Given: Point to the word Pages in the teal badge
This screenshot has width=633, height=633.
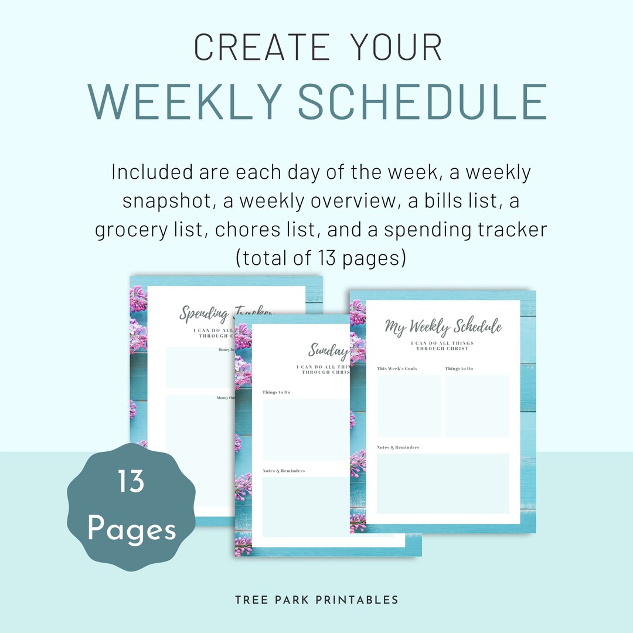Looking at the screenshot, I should pos(131,529).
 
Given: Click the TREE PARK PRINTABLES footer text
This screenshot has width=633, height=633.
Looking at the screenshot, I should pos(316,600).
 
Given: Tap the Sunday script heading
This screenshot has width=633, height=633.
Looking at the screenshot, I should pos(329,350).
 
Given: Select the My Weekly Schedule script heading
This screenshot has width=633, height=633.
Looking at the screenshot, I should pos(443,326).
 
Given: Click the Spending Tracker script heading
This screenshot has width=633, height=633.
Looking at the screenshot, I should pos(226,313).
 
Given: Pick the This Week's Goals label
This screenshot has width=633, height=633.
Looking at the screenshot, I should pos(397,369).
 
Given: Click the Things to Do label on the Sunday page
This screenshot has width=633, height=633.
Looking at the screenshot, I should pos(276,392).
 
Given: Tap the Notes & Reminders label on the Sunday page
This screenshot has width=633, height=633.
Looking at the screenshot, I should pos(284,471).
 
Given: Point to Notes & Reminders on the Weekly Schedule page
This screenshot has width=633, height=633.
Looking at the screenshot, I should pos(398,447).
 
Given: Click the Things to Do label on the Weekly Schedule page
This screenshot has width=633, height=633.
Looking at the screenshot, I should pos(459,369).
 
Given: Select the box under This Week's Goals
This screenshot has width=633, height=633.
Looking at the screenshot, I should pos(409,406).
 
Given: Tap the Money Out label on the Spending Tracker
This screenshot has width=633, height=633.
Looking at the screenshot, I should pos(226,398).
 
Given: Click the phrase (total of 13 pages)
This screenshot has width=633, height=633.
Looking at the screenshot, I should pos(321,258).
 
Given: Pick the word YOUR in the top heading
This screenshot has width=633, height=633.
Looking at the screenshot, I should pos(396,47).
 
